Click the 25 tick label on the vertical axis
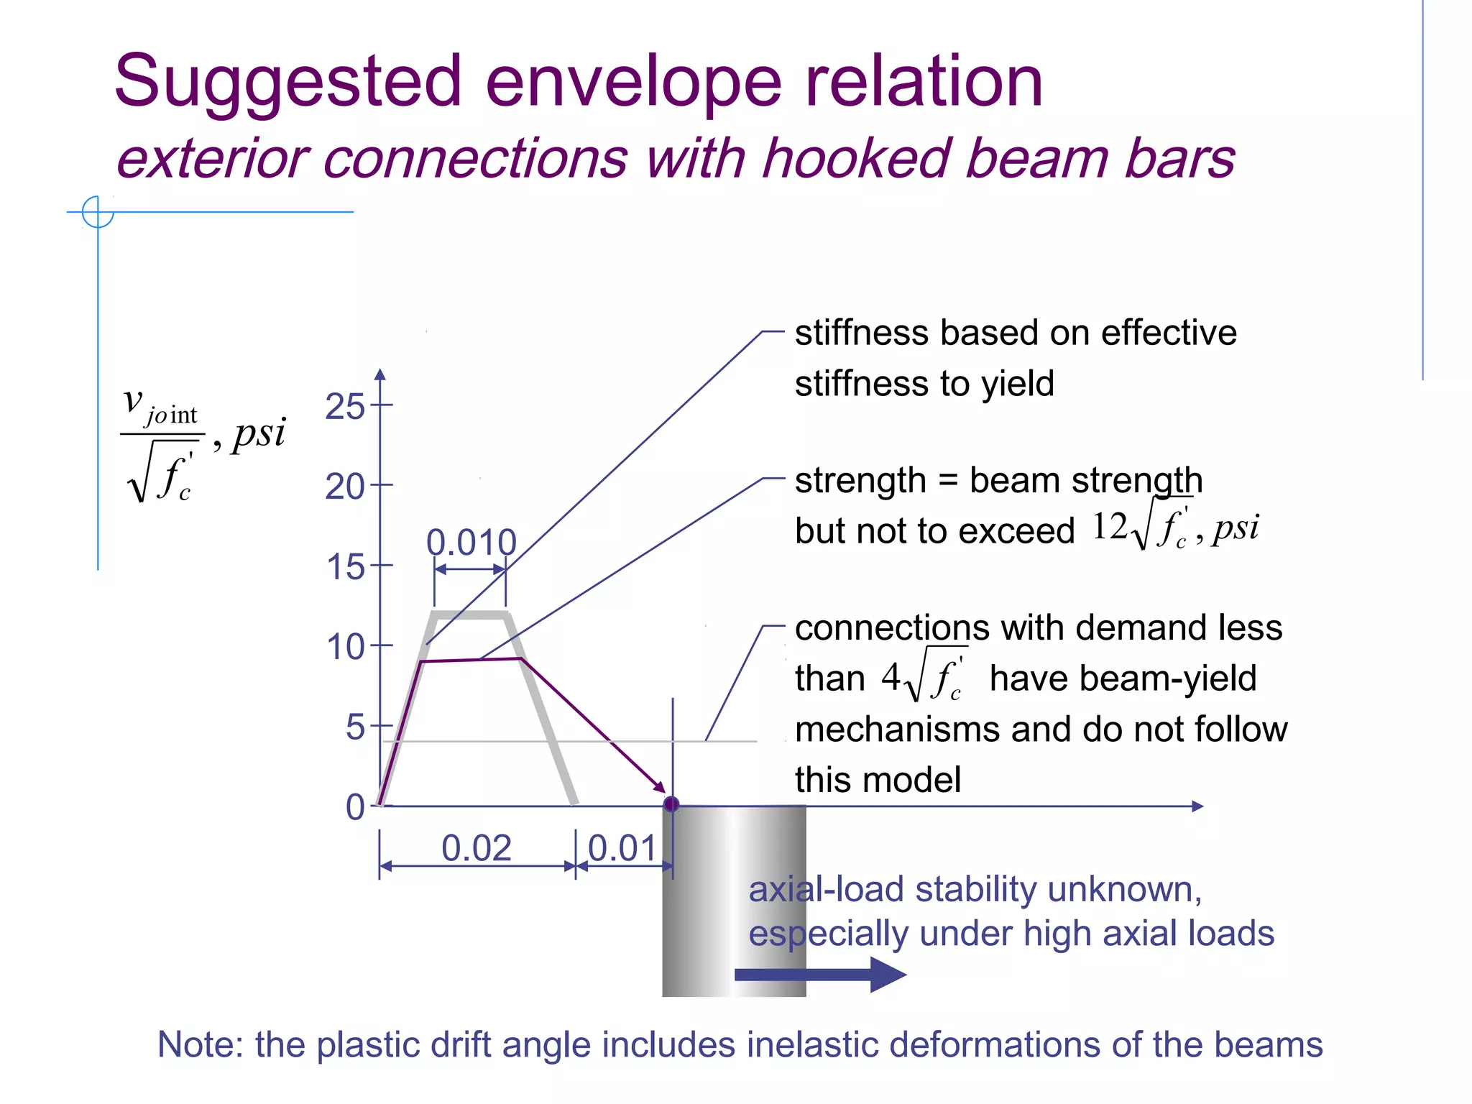345,407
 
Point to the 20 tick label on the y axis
345,487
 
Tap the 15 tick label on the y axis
346,568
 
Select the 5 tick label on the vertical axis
355,727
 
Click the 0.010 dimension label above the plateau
471,543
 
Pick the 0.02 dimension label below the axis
476,848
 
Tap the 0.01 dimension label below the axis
622,848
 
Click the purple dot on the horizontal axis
671,804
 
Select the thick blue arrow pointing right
819,975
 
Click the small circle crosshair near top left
98,212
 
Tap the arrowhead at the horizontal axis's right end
1197,806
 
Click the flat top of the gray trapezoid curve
471,615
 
